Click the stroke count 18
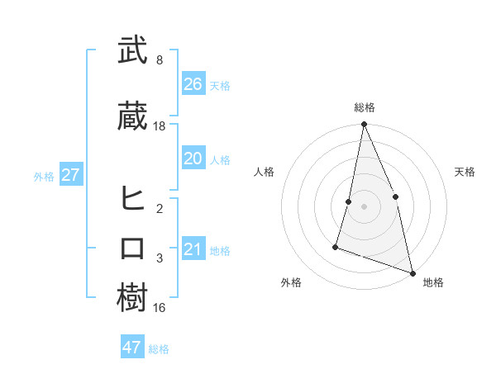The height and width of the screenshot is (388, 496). (160, 126)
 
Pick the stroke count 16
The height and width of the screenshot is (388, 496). (160, 308)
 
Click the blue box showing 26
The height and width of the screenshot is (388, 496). (193, 84)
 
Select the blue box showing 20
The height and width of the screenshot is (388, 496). (193, 159)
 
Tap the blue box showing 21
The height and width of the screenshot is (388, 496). (193, 249)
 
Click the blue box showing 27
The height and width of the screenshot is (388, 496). (70, 175)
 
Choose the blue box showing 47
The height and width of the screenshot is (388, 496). (132, 348)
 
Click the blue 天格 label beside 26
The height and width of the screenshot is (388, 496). (220, 86)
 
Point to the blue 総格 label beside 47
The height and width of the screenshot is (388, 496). (159, 349)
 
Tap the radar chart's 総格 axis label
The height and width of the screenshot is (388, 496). (364, 107)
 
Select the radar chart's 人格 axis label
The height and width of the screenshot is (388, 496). (265, 172)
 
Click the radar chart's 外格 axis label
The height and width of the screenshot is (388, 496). (291, 282)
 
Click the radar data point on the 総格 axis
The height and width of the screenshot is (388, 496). (364, 125)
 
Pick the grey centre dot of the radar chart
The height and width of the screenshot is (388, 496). (364, 206)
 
